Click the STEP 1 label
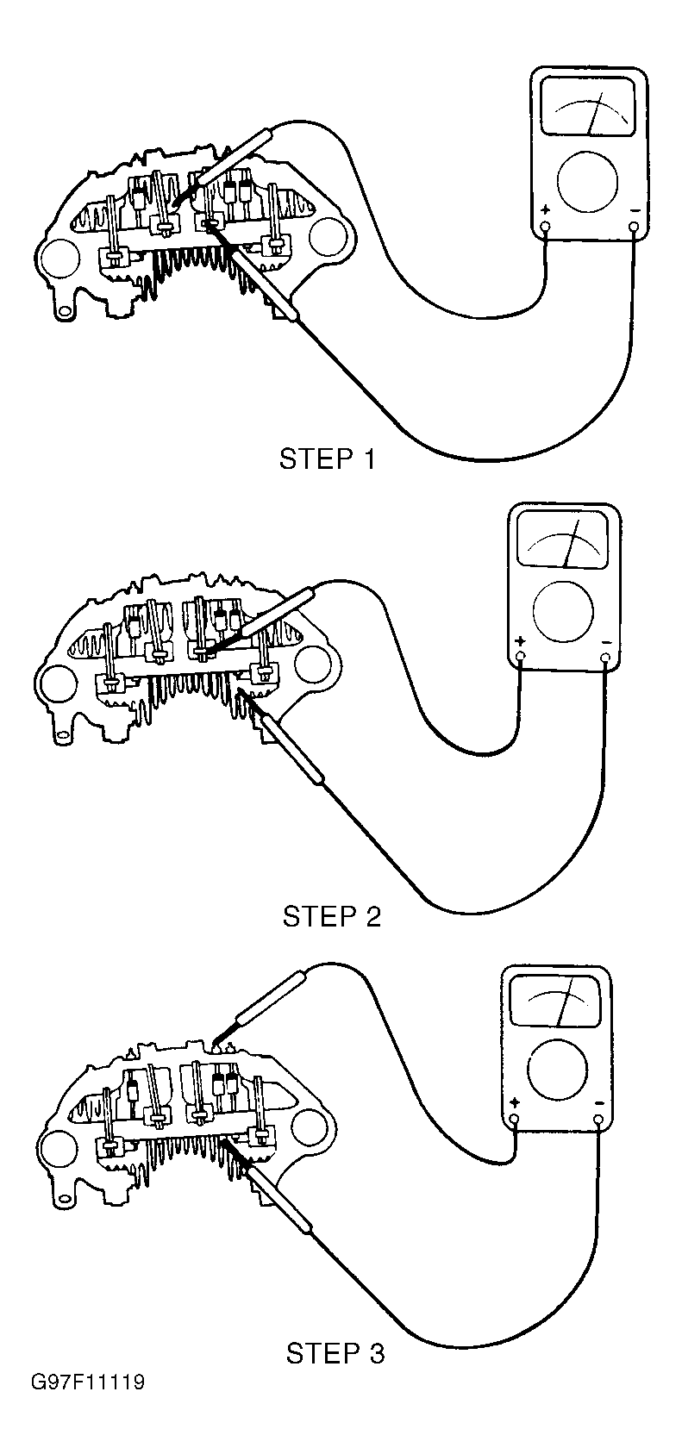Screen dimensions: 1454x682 point(327,459)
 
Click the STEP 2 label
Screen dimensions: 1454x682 point(331,915)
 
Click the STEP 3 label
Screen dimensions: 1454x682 point(335,1353)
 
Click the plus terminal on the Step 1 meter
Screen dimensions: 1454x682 point(545,228)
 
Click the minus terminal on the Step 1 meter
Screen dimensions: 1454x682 point(635,228)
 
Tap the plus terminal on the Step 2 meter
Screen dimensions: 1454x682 point(521,658)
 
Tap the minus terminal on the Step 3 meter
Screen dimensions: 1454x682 point(598,1120)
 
